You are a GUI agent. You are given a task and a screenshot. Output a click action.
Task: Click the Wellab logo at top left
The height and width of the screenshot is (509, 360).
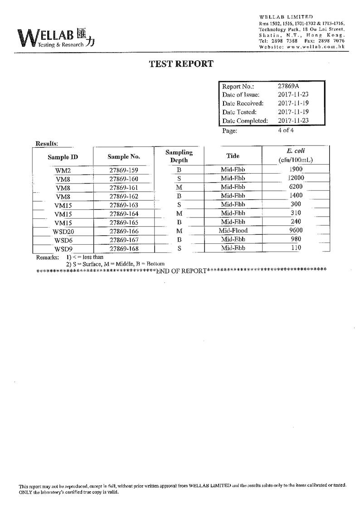[56, 38]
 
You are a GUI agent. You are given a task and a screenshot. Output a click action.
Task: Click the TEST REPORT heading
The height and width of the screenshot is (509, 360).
[181, 64]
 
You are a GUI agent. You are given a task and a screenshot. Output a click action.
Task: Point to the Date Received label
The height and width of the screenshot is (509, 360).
[243, 103]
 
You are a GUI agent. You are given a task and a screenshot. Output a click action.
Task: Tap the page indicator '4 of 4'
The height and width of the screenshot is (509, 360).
[286, 130]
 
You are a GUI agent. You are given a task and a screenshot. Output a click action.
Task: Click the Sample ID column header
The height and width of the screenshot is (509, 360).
[63, 157]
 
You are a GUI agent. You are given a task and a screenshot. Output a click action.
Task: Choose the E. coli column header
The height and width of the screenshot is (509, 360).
[296, 155]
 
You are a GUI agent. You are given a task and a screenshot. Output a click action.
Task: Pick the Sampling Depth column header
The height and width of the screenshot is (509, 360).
[179, 156]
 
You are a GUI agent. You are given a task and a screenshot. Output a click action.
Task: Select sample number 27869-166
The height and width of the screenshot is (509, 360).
[124, 231]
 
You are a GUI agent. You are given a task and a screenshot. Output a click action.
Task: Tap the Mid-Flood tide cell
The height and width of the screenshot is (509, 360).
[233, 231]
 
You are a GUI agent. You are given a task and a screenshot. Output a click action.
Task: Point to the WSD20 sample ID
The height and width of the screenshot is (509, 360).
[63, 232]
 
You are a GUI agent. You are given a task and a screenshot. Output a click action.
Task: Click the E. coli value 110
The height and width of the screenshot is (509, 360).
[296, 247]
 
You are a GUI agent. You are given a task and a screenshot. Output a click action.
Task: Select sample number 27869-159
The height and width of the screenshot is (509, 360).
[124, 171]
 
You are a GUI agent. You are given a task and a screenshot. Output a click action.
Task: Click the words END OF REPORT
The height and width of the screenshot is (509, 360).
[181, 271]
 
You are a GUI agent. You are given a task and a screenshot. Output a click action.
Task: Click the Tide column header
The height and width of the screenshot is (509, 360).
[233, 156]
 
